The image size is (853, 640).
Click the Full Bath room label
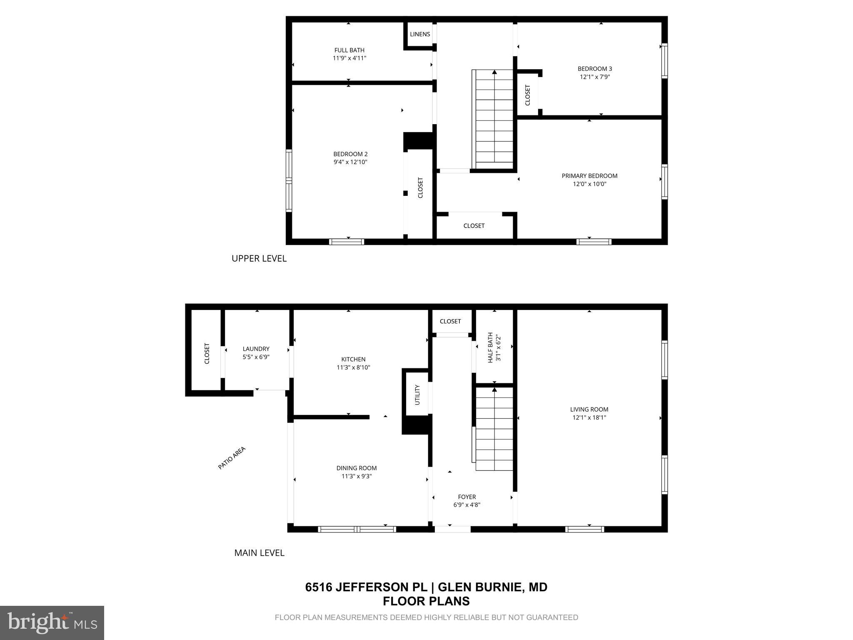point(349,50)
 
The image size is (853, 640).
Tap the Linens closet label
point(420,34)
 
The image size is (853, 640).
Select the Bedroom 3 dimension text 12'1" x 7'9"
point(595,77)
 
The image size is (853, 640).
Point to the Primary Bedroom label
point(589,176)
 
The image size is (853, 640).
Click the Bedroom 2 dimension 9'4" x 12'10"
point(350,162)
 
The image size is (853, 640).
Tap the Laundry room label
point(256,349)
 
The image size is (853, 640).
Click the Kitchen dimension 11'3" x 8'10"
point(353,367)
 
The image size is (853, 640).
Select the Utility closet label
point(417,395)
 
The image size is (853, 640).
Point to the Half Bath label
point(490,347)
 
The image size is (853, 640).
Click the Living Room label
point(589,409)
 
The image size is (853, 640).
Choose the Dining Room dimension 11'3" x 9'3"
point(357,476)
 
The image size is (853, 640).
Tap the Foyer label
point(466,497)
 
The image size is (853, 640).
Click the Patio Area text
point(232,458)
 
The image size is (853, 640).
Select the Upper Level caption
point(259,258)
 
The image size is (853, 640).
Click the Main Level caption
point(259,553)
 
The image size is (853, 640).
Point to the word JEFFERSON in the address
point(381,587)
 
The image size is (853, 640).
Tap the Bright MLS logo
point(52,622)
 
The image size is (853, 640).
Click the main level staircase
point(494,429)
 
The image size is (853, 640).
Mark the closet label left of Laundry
point(207,353)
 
